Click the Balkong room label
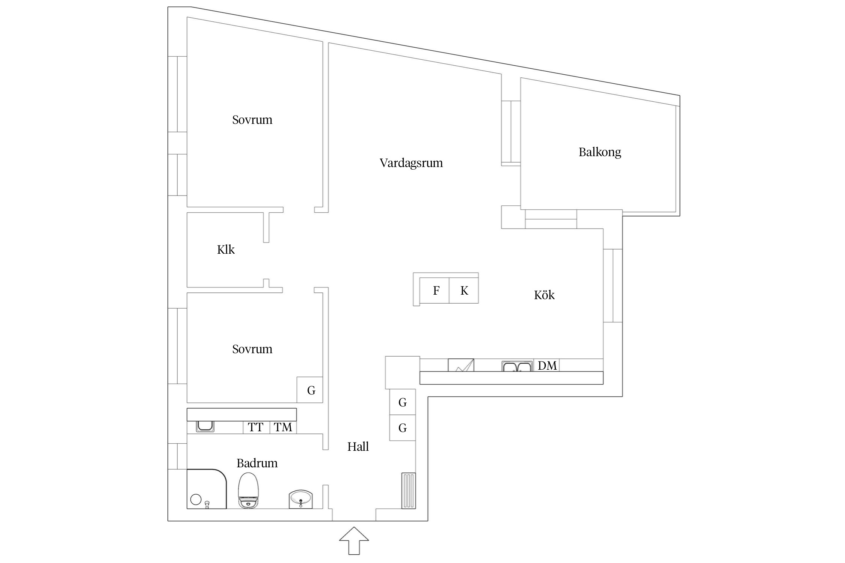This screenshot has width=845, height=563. (x=599, y=152)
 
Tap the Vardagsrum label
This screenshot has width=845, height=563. (x=411, y=163)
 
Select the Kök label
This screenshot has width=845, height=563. (x=544, y=295)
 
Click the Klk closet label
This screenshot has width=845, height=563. (x=226, y=250)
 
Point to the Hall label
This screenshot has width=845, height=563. (x=358, y=447)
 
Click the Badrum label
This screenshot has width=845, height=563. (x=257, y=463)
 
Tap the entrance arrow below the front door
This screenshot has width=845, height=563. (x=354, y=540)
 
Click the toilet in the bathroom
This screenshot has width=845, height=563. (x=248, y=491)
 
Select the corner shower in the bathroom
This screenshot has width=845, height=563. (x=206, y=489)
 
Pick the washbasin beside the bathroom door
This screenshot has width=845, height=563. (x=300, y=499)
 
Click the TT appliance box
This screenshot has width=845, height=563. (x=256, y=427)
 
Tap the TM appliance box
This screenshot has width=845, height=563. (x=283, y=427)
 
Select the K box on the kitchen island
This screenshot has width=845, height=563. (x=464, y=291)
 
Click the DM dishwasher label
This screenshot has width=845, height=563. (x=547, y=366)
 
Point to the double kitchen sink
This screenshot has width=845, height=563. (x=517, y=366)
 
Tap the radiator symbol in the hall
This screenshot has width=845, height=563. (x=409, y=491)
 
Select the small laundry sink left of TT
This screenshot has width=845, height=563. (x=205, y=426)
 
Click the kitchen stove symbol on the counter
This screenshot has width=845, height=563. (x=461, y=366)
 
